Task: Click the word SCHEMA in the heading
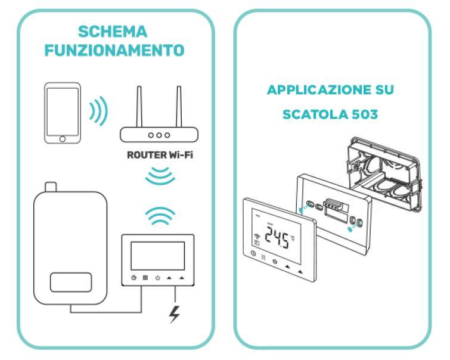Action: (113, 31)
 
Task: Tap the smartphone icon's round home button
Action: (62, 138)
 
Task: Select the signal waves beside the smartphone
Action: (98, 111)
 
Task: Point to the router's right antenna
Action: (178, 107)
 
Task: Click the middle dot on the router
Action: (159, 135)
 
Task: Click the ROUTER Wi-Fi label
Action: (159, 157)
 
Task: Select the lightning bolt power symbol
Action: (174, 314)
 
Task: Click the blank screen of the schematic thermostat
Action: (157, 255)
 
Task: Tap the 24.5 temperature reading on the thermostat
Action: (278, 240)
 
